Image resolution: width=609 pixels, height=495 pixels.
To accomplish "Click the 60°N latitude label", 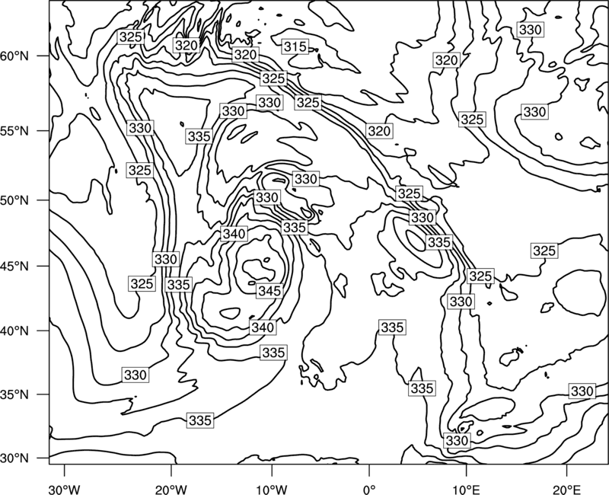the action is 14,56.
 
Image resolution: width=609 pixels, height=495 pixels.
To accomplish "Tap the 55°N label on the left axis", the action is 14,131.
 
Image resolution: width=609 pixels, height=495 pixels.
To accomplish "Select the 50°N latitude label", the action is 14,200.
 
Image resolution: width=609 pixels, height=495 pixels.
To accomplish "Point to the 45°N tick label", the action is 14,266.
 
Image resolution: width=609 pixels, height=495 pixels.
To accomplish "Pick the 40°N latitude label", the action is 14,331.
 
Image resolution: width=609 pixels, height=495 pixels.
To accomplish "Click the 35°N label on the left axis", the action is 14,394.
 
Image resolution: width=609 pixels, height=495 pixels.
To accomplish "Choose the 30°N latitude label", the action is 14,458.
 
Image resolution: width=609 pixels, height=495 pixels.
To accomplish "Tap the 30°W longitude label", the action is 64,489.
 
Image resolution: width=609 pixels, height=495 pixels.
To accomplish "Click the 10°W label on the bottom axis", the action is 271,489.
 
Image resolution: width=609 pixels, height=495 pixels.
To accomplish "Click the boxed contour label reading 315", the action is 295,46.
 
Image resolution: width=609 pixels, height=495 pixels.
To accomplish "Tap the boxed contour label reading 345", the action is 269,291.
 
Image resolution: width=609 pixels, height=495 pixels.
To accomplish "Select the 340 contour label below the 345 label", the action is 263,327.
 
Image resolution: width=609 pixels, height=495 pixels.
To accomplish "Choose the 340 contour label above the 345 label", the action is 234,234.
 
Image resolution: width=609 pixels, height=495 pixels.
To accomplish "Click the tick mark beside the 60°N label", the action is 43,56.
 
